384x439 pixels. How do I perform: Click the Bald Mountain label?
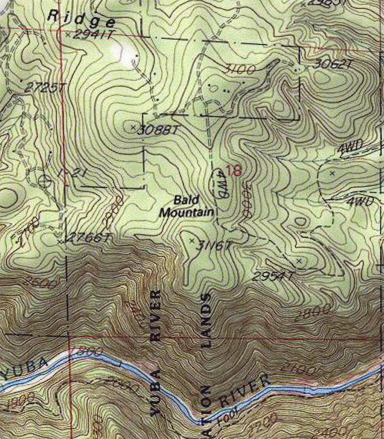(x=187, y=205)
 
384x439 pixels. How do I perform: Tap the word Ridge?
(x=81, y=19)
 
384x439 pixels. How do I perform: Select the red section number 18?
(x=234, y=170)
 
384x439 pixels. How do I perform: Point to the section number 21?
(x=72, y=174)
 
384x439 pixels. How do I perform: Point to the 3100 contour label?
(x=240, y=69)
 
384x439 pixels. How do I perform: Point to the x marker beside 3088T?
(x=132, y=127)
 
